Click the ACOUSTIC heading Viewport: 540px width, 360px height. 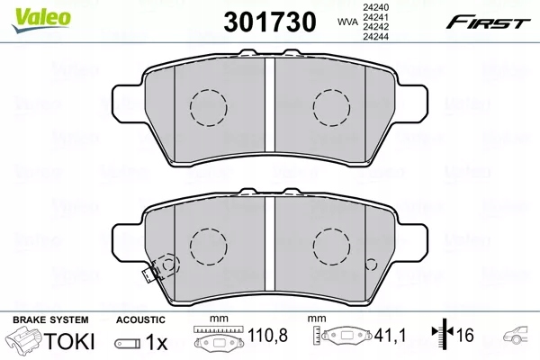[x=141, y=319]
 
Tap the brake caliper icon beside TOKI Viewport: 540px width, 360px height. [x=26, y=342]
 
